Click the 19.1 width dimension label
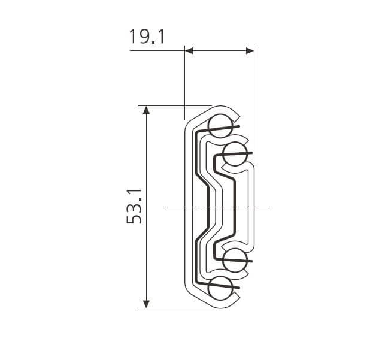click(147, 37)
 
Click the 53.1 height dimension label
click(134, 206)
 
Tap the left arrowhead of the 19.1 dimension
click(189, 51)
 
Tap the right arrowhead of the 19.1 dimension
click(250, 51)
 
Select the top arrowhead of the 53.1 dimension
click(146, 110)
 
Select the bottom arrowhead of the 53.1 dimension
click(146, 304)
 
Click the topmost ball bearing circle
click(220, 126)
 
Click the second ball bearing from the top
click(235, 154)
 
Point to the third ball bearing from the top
click(235, 260)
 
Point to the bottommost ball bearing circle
click(220, 288)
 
